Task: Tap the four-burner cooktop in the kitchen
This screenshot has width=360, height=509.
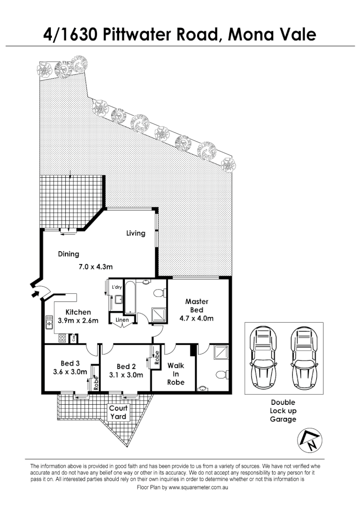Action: coord(62,338)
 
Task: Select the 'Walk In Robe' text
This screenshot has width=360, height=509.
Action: coord(175,374)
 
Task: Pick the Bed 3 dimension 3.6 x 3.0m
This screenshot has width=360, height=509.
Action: coord(70,371)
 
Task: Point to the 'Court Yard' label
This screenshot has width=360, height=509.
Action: coord(118,412)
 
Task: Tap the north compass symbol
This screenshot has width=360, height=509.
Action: coord(309,439)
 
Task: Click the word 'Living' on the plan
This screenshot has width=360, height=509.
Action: coord(136,233)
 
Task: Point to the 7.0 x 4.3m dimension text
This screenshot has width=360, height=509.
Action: coord(96,267)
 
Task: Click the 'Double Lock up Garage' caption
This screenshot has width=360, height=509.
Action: coord(283,411)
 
